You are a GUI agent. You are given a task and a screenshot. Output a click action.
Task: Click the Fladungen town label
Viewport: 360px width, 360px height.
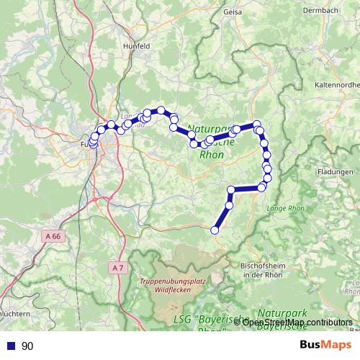pos(336,172)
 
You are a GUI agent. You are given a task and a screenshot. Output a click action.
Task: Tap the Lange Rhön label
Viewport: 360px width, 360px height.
pos(287,208)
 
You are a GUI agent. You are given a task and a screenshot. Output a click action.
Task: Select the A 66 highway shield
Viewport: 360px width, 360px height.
pos(51,235)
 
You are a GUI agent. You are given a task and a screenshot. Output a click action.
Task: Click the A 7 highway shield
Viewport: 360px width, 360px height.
pos(118,267)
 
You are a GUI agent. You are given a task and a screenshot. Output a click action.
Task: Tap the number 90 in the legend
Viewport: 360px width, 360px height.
pos(27,346)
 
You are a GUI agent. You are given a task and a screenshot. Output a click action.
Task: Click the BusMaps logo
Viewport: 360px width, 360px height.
pos(325,345)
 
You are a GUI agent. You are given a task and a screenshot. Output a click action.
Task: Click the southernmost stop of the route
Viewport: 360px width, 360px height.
pos(214,230)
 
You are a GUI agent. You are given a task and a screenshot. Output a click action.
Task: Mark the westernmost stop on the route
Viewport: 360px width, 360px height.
pos(92,143)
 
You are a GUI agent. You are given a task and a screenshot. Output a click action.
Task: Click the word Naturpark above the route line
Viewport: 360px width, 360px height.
pos(207,129)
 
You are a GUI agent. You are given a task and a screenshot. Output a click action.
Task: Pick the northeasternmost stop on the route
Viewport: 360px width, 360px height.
pos(256,124)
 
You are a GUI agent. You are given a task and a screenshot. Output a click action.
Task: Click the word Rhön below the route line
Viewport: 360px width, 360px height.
pos(210,153)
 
